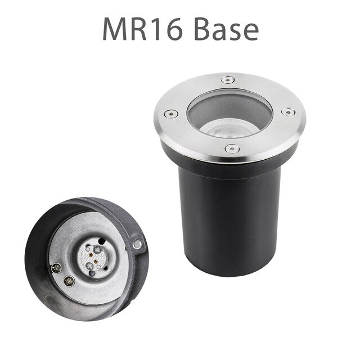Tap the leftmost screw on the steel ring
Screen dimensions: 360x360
[x=170, y=114]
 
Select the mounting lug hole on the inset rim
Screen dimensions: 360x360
[x=136, y=244]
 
